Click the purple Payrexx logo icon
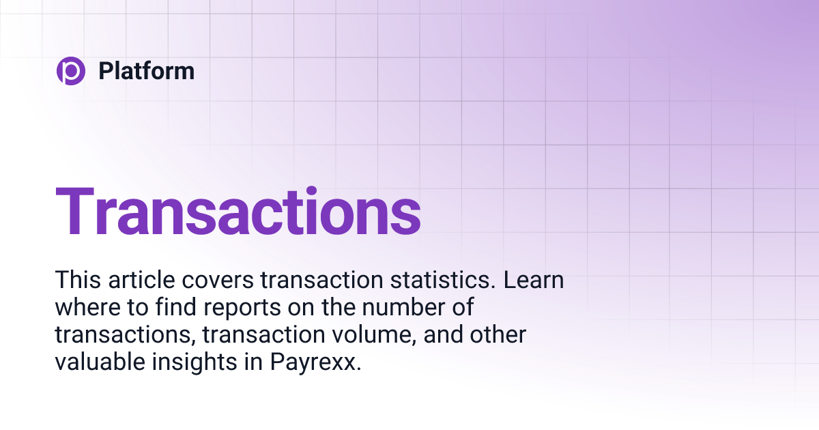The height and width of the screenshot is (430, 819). tap(71, 71)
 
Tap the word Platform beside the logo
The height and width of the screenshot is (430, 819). tap(146, 71)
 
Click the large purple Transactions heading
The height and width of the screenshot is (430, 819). tap(238, 212)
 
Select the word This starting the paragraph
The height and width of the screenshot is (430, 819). tap(76, 281)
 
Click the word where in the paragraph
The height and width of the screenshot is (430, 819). tap(81, 308)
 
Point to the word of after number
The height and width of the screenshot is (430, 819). tap(462, 308)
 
